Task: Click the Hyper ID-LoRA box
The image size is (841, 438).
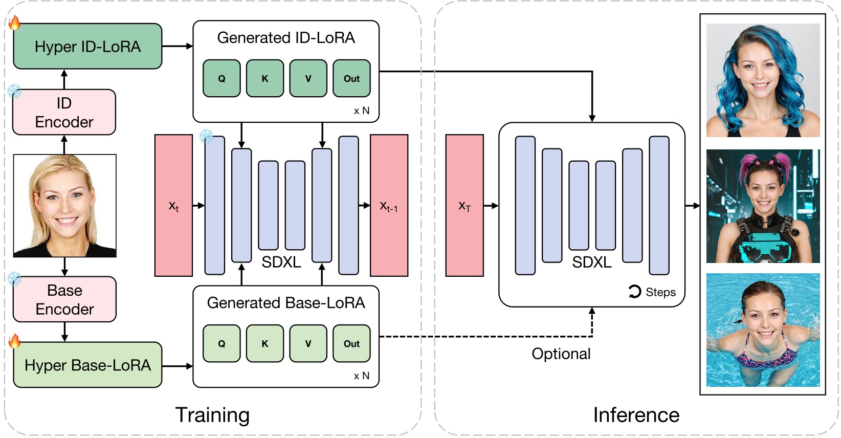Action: click(87, 47)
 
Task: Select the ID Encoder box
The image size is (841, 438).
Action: click(64, 113)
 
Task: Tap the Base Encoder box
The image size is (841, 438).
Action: click(64, 300)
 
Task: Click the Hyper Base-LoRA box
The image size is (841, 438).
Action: click(87, 365)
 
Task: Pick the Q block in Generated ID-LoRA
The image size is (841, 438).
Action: click(222, 78)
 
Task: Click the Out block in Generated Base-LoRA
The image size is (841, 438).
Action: click(351, 343)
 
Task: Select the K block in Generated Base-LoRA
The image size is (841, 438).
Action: click(265, 343)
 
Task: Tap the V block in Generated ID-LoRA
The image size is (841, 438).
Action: click(308, 78)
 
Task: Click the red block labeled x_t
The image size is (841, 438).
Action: click(173, 206)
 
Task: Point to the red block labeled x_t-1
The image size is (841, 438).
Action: click(389, 206)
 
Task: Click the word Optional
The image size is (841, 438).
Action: click(561, 354)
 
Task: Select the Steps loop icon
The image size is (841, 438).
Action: click(634, 292)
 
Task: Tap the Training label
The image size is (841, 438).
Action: click(212, 414)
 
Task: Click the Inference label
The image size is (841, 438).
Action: click(636, 414)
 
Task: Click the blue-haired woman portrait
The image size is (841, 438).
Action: click(763, 80)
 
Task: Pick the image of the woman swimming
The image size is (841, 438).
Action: click(763, 330)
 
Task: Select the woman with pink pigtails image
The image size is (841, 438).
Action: click(763, 206)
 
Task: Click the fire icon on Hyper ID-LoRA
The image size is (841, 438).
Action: click(14, 23)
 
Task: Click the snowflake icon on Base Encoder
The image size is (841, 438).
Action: click(14, 279)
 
